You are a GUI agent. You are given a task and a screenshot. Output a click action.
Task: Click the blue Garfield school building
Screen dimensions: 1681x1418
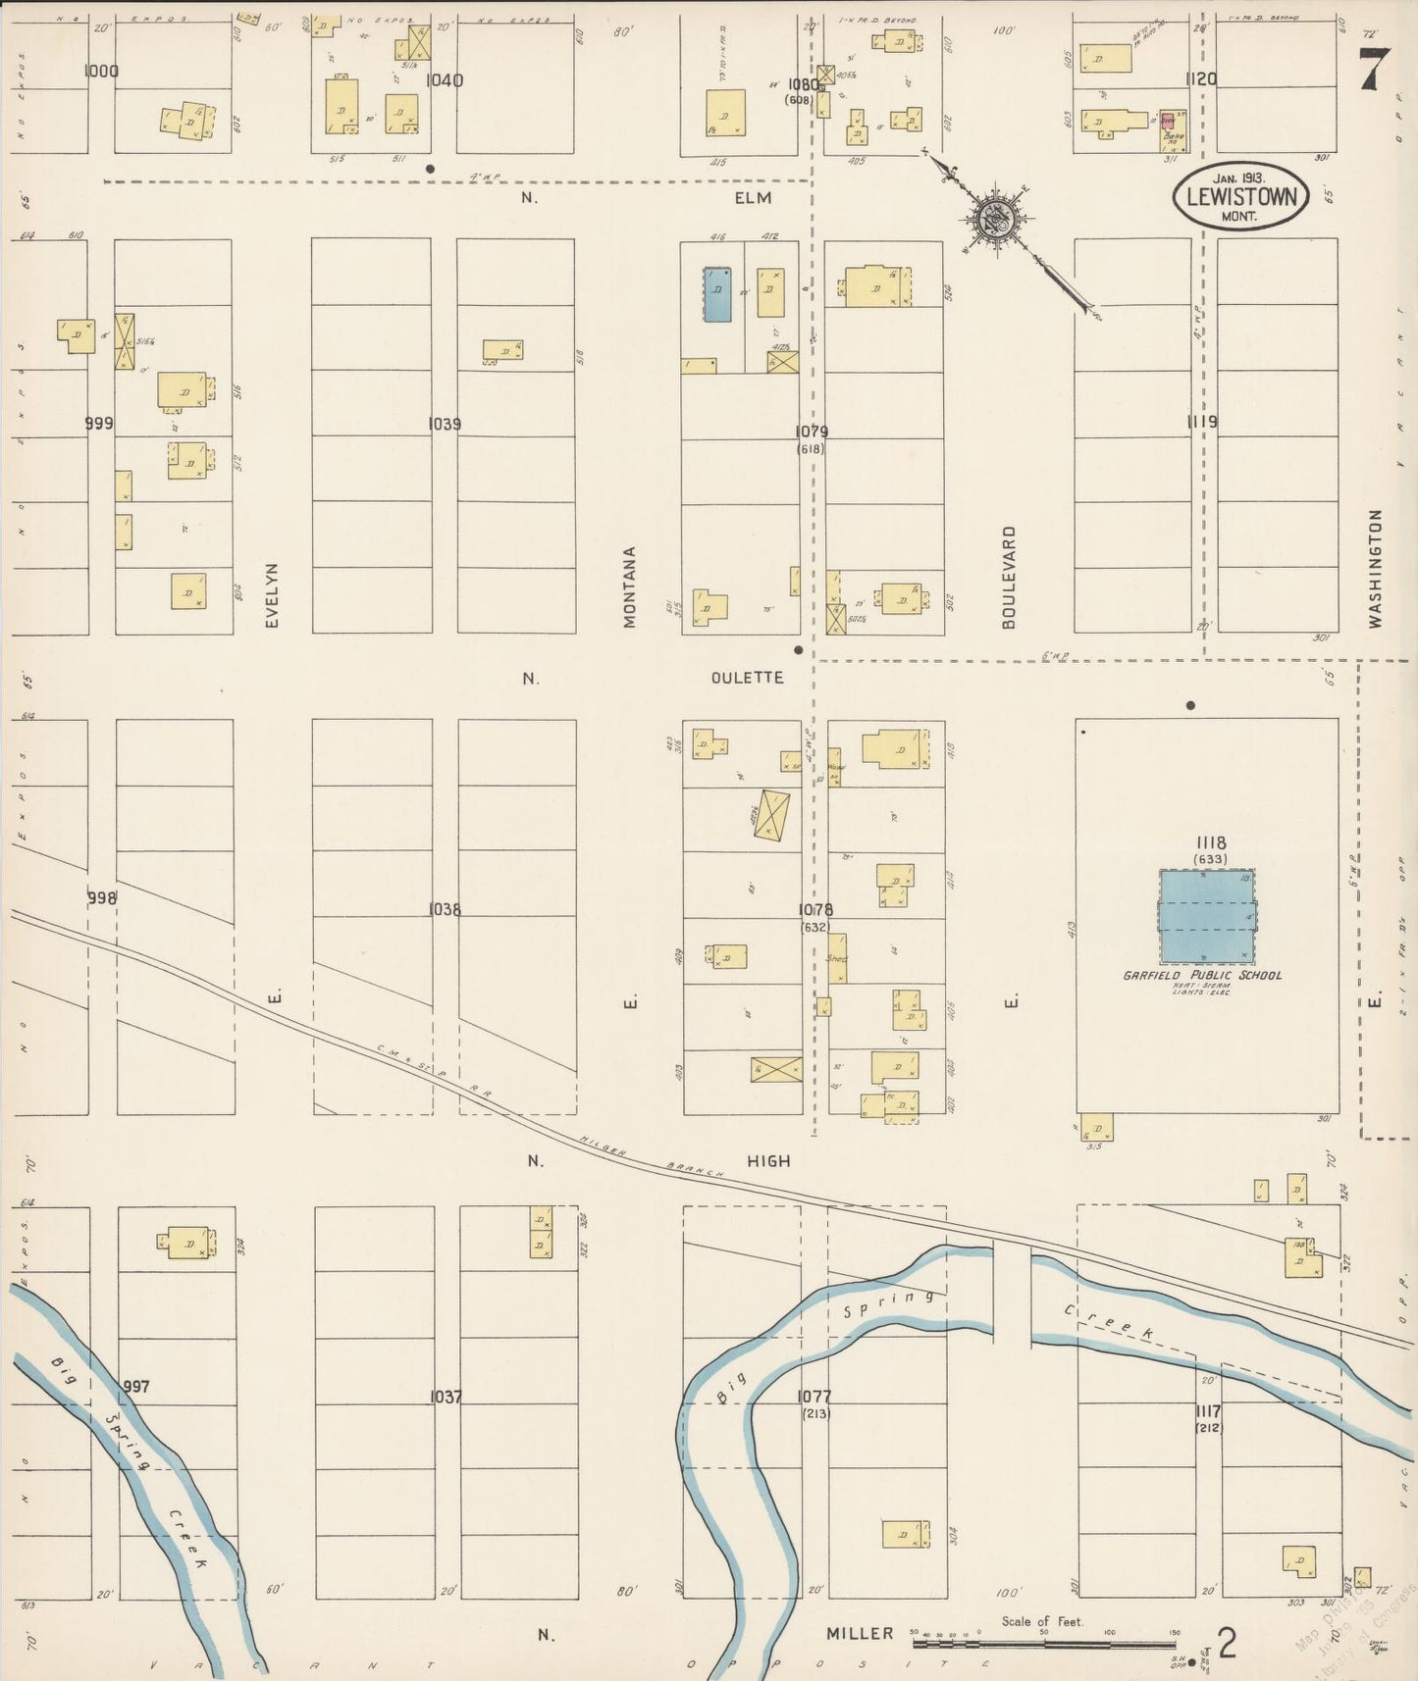tap(1206, 916)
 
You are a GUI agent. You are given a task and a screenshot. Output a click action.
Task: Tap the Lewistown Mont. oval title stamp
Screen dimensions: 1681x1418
tap(1239, 196)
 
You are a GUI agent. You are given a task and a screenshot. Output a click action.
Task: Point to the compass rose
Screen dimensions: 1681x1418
tap(997, 214)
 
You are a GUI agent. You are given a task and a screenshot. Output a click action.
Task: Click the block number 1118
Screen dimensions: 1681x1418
tap(1210, 842)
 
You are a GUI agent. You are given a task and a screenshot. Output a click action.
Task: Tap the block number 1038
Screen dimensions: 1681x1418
tap(444, 910)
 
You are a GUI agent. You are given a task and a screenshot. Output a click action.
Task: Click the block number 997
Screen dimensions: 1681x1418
tap(136, 1387)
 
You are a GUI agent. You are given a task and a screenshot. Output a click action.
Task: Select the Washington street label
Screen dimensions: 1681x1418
tap(1375, 569)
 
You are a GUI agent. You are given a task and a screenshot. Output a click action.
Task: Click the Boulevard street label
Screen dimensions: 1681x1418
tap(1009, 577)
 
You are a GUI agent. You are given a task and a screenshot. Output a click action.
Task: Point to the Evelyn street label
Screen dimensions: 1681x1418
tap(272, 594)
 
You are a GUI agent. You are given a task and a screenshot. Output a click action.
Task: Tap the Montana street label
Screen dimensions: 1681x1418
tap(630, 586)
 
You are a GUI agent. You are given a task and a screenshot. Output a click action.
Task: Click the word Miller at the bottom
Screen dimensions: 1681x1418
tap(859, 1633)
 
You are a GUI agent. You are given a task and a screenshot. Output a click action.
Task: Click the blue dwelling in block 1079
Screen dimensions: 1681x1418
tap(716, 293)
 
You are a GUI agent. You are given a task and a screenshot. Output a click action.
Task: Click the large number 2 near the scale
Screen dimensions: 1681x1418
tap(1226, 1642)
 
